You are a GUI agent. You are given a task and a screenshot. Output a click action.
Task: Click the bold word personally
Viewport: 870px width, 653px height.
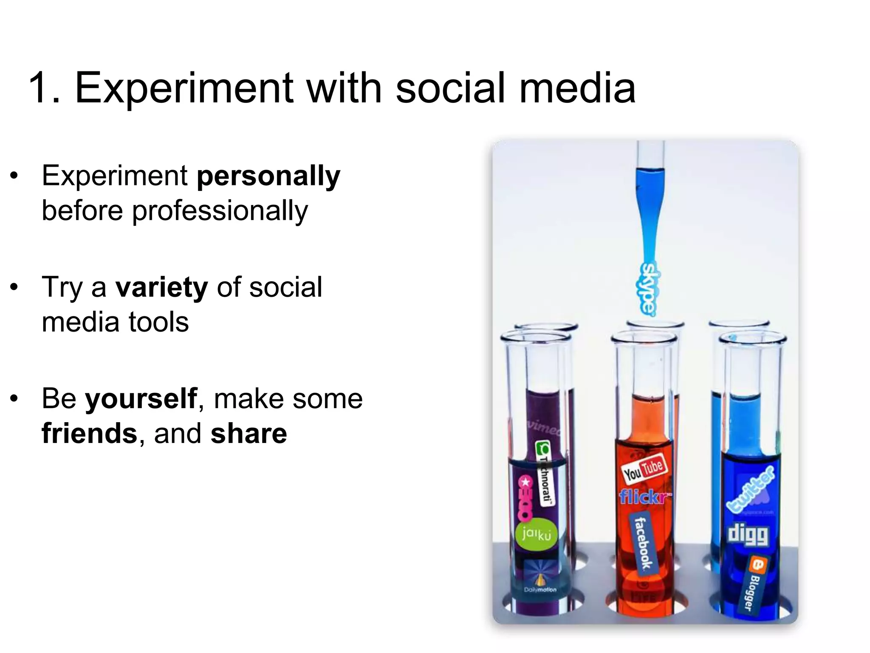pyautogui.click(x=268, y=176)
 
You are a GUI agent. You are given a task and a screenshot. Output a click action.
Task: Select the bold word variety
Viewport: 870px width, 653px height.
pyautogui.click(x=161, y=288)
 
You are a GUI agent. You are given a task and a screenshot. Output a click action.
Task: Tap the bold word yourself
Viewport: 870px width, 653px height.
pyautogui.click(x=141, y=399)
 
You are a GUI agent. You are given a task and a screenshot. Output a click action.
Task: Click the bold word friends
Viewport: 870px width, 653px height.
pyautogui.click(x=89, y=434)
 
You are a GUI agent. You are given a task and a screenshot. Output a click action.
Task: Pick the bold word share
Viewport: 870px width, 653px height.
pyautogui.click(x=249, y=434)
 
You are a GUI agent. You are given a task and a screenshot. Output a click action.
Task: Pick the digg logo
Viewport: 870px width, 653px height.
pyautogui.click(x=748, y=534)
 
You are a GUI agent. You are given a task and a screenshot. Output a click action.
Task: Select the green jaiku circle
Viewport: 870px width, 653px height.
pyautogui.click(x=537, y=534)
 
